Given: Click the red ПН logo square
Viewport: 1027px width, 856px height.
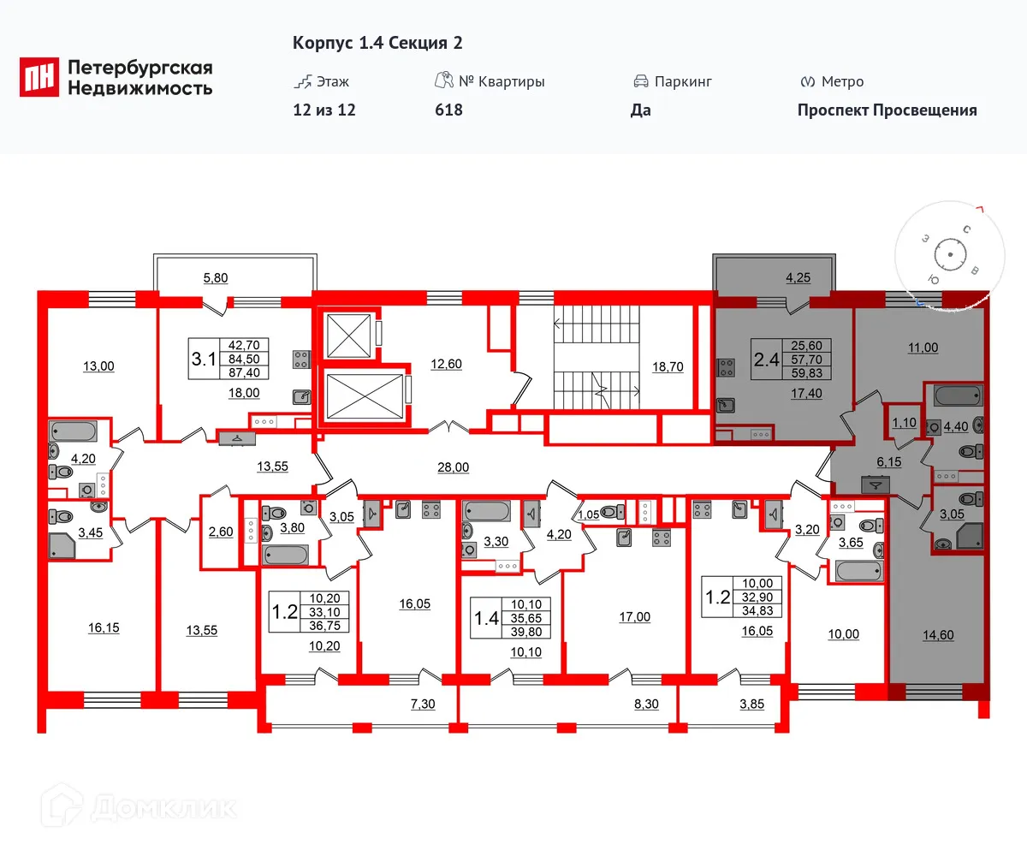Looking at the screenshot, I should coord(39,77).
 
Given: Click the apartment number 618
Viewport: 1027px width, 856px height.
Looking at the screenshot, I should coord(448,110).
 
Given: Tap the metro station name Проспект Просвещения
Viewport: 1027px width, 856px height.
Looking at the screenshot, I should coord(887,110).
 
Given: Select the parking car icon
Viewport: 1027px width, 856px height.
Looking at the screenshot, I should coord(640,82).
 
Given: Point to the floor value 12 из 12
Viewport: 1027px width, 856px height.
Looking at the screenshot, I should coord(324,110).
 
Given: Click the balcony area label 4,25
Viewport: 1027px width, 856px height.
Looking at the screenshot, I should coord(775,276).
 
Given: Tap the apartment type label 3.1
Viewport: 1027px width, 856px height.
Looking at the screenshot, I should coord(203,358).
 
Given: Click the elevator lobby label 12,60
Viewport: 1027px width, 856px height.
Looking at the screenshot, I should coord(445,363).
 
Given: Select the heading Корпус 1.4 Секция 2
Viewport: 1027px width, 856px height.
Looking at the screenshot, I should coord(377,44).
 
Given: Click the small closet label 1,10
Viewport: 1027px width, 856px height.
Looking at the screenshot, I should coord(904,423).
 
